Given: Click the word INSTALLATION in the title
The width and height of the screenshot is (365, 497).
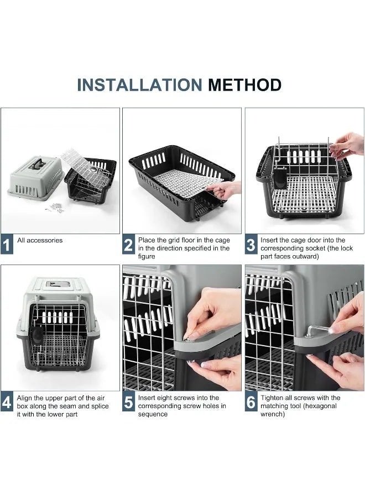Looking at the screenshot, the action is coord(139,85).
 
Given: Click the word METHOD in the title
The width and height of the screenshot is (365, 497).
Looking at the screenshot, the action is coord(244,85).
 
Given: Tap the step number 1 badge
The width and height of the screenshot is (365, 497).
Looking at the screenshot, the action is coord(7,245).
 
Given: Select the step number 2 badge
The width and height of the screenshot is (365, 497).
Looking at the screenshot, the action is coord(128,245).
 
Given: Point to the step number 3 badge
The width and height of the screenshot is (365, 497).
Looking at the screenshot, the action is coord(251,245).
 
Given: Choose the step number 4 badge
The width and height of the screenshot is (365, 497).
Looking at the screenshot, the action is coord(7,401).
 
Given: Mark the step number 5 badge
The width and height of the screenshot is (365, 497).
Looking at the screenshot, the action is coord(128,401).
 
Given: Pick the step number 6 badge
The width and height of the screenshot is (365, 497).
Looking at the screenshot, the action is coord(251,401).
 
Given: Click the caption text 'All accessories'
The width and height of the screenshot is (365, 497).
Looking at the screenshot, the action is coord(40,240).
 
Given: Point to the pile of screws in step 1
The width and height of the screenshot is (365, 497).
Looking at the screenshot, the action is coord(55,208).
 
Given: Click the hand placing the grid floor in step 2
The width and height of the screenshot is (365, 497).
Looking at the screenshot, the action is coord(224,190).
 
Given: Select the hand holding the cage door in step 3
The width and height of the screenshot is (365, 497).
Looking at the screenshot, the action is coord(347,146).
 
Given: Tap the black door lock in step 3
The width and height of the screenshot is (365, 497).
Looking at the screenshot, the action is coord(280,178).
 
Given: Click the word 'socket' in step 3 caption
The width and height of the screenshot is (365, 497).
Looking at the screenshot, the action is coord(315,248).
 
